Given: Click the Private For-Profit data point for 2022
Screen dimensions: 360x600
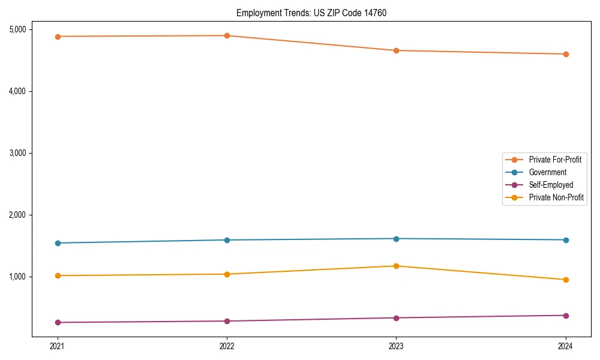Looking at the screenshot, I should [x=227, y=35].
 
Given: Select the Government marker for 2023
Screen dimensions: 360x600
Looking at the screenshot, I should [x=396, y=239].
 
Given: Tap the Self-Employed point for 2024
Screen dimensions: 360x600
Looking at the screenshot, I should [x=566, y=316].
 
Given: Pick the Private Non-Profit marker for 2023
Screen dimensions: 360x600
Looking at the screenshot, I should [x=396, y=266].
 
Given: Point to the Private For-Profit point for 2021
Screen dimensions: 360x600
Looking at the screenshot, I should [x=58, y=37].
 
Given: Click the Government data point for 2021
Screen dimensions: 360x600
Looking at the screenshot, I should [x=58, y=243].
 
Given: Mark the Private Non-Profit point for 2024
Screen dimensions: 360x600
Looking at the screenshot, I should [x=566, y=280].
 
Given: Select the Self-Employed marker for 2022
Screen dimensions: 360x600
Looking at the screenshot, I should [x=227, y=321].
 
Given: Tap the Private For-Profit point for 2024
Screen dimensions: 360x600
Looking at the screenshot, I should [x=566, y=54].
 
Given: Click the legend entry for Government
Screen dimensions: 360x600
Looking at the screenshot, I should [x=547, y=172].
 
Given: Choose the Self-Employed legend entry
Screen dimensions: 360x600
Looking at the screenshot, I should [x=551, y=185].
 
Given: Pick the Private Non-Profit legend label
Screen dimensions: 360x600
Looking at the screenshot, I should [x=556, y=197].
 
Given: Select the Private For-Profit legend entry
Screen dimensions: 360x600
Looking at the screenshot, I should [x=554, y=160].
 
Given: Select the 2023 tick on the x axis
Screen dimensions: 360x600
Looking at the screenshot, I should [x=396, y=346].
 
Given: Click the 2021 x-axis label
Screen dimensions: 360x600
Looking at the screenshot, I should [x=58, y=346].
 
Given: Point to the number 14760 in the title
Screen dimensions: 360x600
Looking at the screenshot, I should [x=375, y=13].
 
